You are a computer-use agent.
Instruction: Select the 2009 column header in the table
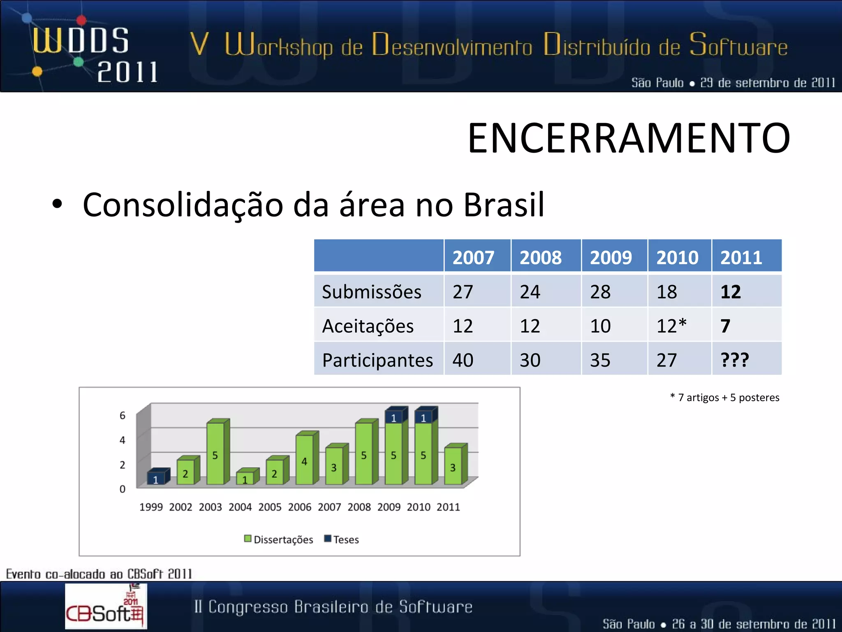pyautogui.click(x=611, y=258)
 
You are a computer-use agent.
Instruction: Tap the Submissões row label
pyautogui.click(x=371, y=292)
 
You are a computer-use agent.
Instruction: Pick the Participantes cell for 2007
pyautogui.click(x=463, y=360)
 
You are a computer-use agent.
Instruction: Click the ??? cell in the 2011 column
pyautogui.click(x=735, y=360)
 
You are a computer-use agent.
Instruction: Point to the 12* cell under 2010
pyautogui.click(x=671, y=326)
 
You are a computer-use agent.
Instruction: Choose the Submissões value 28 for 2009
pyautogui.click(x=600, y=292)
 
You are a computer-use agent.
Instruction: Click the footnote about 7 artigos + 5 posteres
pyautogui.click(x=724, y=397)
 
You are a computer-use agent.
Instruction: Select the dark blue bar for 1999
pyautogui.click(x=156, y=478)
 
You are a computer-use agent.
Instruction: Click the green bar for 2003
pyautogui.click(x=215, y=453)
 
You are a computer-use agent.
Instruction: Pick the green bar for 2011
pyautogui.click(x=453, y=466)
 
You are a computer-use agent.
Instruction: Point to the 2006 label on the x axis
pyautogui.click(x=299, y=507)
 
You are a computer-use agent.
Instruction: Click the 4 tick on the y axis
pyautogui.click(x=122, y=440)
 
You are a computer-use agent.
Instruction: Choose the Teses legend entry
pyautogui.click(x=342, y=539)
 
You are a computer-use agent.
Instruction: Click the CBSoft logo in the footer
pyautogui.click(x=105, y=606)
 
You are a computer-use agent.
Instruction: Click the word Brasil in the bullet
pyautogui.click(x=504, y=205)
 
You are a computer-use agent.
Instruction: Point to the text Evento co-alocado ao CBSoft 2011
pyautogui.click(x=99, y=574)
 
